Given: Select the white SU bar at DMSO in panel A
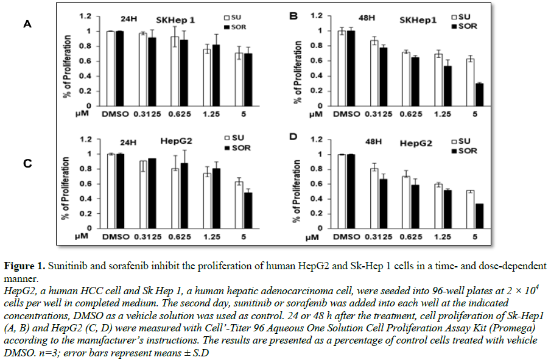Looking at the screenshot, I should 110,68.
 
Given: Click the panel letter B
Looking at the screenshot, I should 293,15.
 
